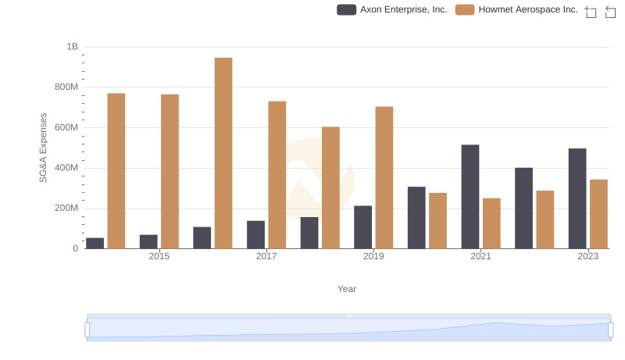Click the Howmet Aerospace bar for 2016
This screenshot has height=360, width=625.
[223, 153]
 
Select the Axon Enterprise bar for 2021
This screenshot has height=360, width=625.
[470, 197]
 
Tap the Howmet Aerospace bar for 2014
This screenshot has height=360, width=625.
[116, 171]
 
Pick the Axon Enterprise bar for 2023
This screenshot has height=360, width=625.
[577, 198]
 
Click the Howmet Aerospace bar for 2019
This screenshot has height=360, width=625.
[384, 177]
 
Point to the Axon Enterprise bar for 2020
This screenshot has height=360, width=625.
[416, 218]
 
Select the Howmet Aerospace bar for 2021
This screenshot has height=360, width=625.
[491, 223]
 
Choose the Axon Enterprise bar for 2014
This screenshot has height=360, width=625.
[95, 243]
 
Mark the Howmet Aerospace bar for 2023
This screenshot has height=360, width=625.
[598, 214]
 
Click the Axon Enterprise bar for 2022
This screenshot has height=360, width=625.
[523, 208]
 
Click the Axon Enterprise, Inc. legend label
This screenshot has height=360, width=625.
[403, 10]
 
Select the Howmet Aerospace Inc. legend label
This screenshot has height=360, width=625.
[528, 10]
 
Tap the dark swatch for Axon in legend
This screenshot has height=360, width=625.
[346, 10]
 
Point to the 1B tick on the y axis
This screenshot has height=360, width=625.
[72, 47]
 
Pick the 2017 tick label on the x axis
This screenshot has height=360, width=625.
[266, 256]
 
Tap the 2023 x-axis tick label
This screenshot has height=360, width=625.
[587, 256]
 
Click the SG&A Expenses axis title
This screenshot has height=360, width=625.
[44, 148]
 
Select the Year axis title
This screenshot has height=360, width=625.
[347, 289]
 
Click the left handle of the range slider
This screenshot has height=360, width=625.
[87, 330]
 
